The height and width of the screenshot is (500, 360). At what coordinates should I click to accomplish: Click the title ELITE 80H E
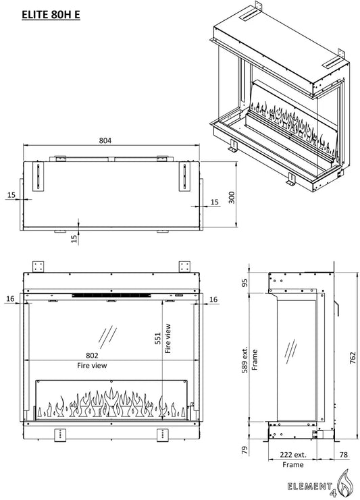tap(51, 15)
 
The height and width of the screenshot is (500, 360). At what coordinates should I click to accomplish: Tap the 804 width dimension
tap(105, 140)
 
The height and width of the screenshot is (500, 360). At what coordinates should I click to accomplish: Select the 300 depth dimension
tap(232, 198)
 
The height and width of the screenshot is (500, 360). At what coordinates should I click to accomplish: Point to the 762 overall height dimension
tap(353, 358)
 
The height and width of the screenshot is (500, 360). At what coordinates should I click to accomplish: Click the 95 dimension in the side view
tap(245, 283)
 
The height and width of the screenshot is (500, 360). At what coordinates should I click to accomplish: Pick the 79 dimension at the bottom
tap(245, 450)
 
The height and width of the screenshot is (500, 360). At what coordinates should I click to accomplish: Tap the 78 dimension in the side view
tap(343, 454)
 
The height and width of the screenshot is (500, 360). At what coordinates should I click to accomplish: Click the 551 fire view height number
tap(157, 338)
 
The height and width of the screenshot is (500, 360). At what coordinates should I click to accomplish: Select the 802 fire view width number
tap(92, 355)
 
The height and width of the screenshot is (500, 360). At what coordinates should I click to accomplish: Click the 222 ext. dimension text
tap(293, 454)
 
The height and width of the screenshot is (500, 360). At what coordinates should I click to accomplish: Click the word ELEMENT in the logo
tap(309, 487)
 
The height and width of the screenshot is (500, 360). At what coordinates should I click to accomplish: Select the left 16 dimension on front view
tap(11, 299)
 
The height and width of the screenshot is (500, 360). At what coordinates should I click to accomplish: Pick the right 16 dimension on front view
tap(213, 300)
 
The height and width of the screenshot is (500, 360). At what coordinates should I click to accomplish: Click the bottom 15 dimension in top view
tap(74, 239)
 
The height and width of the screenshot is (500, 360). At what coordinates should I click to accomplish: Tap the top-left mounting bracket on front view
tap(38, 267)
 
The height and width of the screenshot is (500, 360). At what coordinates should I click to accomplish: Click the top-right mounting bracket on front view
tap(184, 267)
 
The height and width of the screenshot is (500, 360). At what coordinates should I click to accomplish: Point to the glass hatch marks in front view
tap(107, 337)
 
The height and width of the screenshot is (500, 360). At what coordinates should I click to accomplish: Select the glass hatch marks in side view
tap(290, 352)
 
